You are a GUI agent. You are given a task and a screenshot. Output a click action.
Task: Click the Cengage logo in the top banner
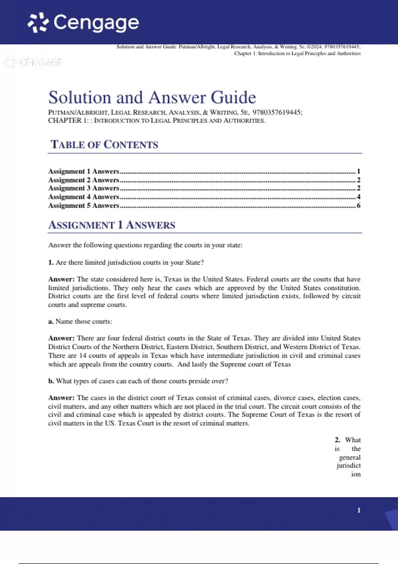pos(83,23)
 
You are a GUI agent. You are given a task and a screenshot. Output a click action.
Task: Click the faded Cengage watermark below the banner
pos(33,62)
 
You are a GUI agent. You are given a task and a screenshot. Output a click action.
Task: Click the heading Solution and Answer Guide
pos(152,98)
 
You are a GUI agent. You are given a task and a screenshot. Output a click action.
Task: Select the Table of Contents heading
pos(104,145)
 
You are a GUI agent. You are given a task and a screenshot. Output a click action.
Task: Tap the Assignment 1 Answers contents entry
pos(84,172)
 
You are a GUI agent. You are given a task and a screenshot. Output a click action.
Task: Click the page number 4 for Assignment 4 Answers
pos(358,197)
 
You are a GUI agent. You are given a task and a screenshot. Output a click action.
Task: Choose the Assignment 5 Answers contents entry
pos(84,205)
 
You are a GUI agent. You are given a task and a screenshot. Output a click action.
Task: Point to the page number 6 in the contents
pos(358,205)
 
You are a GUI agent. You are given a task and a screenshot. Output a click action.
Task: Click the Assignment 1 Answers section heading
pos(111,225)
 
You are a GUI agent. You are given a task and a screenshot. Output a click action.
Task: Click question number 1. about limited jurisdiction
pos(51,262)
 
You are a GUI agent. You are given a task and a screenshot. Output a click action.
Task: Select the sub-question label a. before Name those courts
pos(51,321)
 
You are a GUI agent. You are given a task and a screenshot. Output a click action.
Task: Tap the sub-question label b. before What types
pos(51,381)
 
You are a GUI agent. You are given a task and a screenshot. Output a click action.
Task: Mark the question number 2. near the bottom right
pos(337,440)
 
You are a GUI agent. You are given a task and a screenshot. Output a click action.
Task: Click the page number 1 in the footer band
pos(359,510)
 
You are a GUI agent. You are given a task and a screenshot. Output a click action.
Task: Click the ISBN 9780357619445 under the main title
pos(277,112)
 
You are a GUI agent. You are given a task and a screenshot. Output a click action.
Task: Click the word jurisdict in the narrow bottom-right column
pos(348,465)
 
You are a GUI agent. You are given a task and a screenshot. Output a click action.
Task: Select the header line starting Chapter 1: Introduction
pos(297,53)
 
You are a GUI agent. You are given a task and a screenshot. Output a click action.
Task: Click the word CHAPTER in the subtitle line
pos(65,120)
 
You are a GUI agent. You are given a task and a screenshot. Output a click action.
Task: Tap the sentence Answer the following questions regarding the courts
pos(145,245)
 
